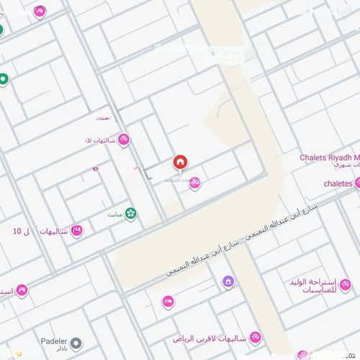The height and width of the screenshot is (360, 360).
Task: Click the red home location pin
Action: coord(180,163)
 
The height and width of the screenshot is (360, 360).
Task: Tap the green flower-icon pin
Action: coord(131,213)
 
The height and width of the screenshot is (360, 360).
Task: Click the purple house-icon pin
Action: coord(228,282)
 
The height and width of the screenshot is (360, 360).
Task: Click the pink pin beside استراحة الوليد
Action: coord(345,286)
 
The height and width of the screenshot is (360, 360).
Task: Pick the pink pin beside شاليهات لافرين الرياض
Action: coord(255,337)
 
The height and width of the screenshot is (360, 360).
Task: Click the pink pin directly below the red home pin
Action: coord(194,184)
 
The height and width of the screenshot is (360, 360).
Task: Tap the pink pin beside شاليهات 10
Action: coord(76,231)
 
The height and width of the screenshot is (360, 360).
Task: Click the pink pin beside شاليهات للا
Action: coord(124,140)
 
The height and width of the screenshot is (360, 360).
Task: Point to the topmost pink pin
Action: coord(40,12)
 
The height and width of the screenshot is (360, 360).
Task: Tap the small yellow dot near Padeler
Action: coord(30,354)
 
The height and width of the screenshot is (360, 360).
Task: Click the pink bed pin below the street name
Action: coord(168,302)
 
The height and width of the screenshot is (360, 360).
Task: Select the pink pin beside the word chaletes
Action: coord(358,184)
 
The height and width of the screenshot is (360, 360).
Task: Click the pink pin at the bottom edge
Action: coord(302,355)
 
